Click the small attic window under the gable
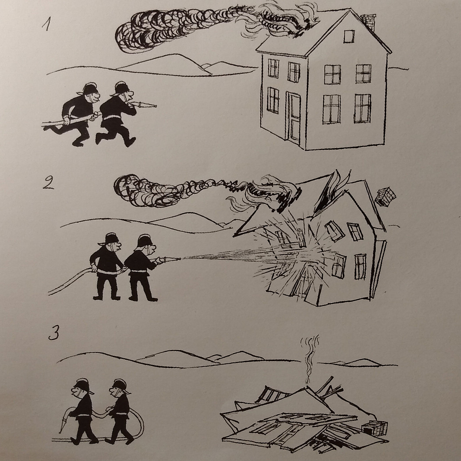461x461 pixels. (x=349, y=36)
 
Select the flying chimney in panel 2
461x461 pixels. (x=386, y=196)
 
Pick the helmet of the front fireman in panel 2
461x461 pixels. (x=145, y=241)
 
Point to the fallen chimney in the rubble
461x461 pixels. (x=375, y=428)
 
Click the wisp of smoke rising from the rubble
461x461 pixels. (x=309, y=359)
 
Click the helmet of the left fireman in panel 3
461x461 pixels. (x=83, y=386)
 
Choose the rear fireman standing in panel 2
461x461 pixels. (x=108, y=266)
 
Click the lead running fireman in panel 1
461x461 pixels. (x=117, y=113)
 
